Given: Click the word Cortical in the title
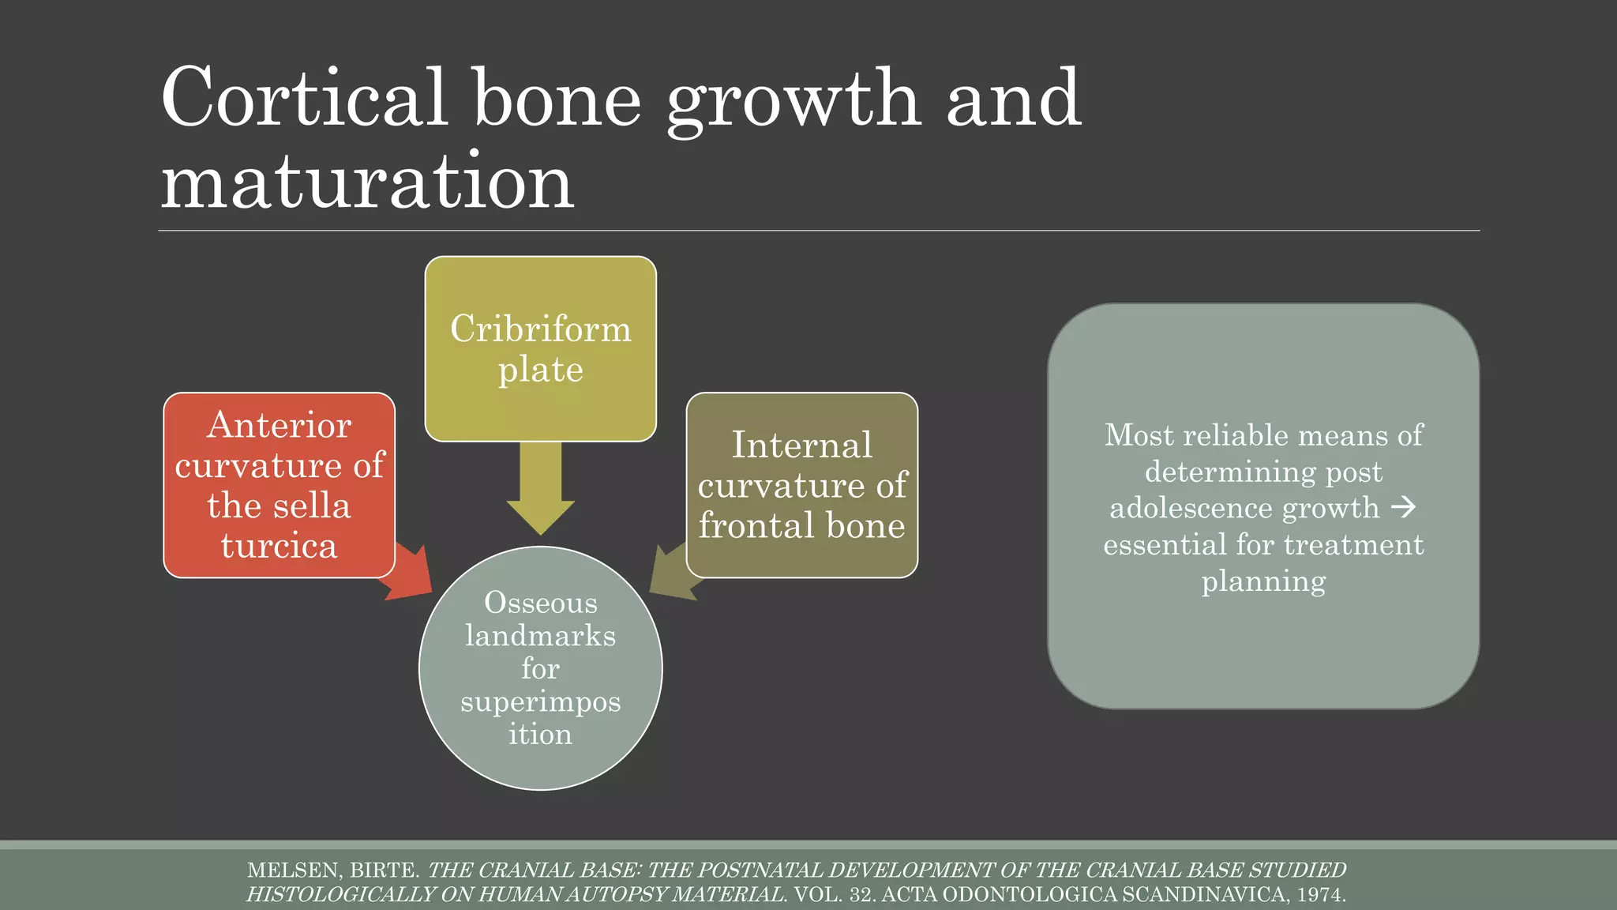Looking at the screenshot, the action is click(x=305, y=98).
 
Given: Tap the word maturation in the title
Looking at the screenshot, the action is click(x=367, y=182).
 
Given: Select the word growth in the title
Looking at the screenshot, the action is click(x=793, y=101).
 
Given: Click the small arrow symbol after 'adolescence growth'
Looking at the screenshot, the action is click(x=1404, y=507).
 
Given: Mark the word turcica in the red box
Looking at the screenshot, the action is click(x=279, y=546).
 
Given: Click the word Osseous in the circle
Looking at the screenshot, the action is click(x=540, y=603).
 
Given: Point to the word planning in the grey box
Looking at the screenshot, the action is click(x=1263, y=581).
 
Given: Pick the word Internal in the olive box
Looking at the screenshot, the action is click(x=801, y=445).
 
